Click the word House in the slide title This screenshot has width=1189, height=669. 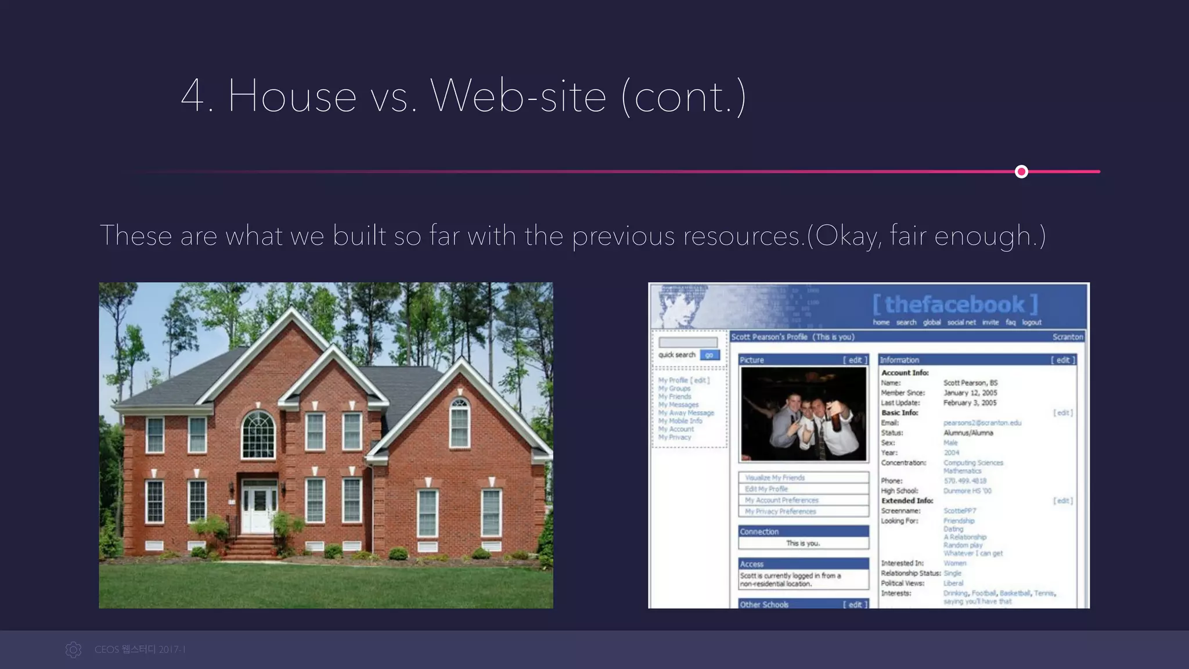(292, 96)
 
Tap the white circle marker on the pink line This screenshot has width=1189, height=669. (1021, 172)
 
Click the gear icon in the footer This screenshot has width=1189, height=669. (74, 650)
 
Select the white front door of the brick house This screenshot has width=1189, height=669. (259, 505)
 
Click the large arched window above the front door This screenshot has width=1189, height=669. (258, 434)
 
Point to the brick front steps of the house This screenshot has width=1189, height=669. (253, 548)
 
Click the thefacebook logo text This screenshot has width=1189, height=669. (955, 304)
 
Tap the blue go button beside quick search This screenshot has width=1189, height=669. (709, 355)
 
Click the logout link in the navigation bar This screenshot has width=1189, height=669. (1032, 322)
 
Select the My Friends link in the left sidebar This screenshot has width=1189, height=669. (675, 397)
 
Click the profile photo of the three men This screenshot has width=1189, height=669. (804, 414)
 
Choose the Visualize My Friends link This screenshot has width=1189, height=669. (775, 478)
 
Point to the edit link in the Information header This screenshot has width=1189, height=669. (1062, 360)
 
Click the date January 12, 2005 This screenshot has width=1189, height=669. (970, 393)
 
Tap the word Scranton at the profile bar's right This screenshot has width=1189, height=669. (1067, 337)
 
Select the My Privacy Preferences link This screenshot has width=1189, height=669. (780, 512)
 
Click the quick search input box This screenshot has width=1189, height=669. (688, 343)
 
